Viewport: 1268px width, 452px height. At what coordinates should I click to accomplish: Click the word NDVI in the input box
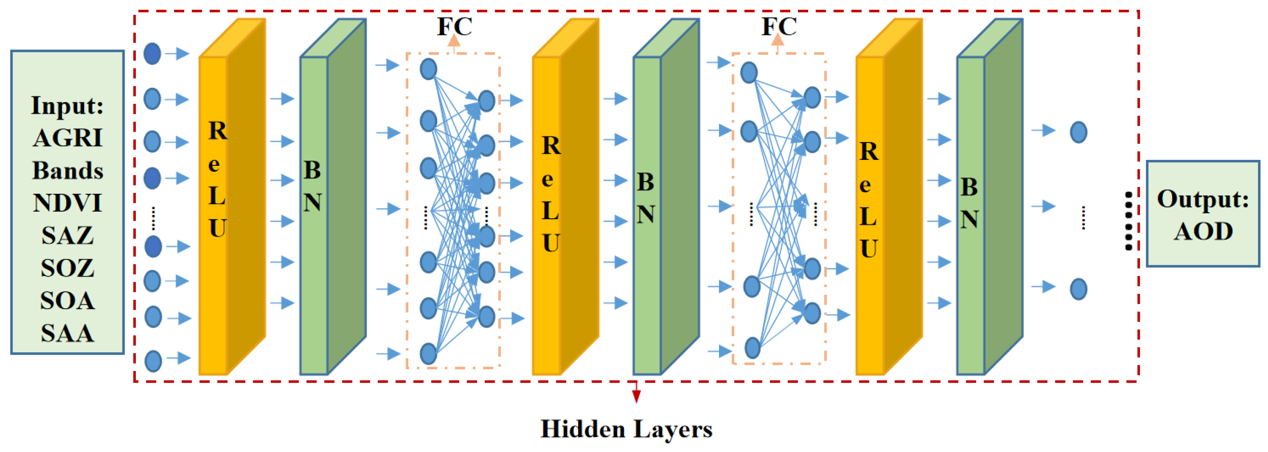(68, 203)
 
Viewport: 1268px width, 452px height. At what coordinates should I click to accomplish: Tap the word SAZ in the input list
(68, 235)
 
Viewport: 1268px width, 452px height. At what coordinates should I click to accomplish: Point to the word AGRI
(68, 138)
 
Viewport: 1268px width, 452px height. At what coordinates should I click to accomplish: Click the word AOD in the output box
(1203, 231)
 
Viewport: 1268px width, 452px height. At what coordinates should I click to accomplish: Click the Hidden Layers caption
(626, 429)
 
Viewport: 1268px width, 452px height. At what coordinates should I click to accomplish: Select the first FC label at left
(454, 26)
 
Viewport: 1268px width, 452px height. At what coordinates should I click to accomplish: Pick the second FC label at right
(778, 26)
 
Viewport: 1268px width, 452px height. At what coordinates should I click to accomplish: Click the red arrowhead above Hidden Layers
(636, 396)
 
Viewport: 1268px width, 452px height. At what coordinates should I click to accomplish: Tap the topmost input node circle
(152, 54)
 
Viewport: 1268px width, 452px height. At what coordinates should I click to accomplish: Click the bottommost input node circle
(153, 361)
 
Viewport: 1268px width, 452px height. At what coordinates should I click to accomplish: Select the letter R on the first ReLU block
(218, 131)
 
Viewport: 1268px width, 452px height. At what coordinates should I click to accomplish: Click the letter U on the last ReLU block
(868, 249)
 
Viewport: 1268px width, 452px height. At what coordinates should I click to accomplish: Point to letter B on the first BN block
(312, 170)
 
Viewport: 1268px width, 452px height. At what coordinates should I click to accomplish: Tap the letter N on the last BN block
(969, 219)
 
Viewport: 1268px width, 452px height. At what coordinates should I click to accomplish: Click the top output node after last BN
(1078, 132)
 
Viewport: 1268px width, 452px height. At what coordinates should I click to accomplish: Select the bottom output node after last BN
(1078, 289)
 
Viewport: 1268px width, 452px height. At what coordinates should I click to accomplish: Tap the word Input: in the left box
(68, 105)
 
